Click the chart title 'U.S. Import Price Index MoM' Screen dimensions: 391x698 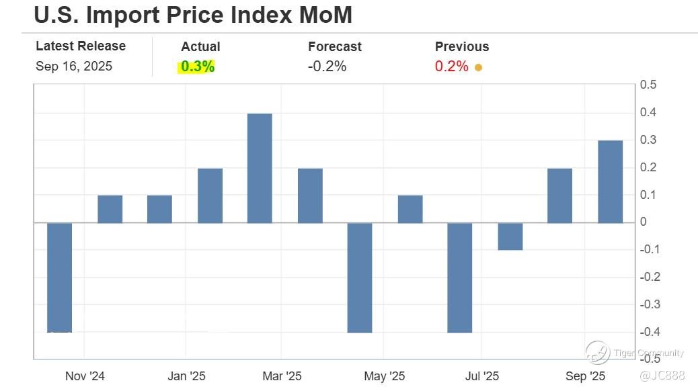(192, 15)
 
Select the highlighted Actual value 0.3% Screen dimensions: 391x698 (197, 67)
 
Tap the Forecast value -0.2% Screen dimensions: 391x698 (327, 67)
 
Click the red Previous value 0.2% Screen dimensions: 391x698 (451, 67)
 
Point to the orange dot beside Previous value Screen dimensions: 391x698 (478, 67)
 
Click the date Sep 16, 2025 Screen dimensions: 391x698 (74, 67)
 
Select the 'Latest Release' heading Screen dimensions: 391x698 (81, 46)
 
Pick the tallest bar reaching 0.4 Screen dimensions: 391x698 (260, 168)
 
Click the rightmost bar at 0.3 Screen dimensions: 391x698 (610, 181)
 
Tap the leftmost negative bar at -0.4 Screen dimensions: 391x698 (59, 277)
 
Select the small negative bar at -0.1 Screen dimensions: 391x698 (510, 236)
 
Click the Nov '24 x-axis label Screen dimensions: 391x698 (85, 376)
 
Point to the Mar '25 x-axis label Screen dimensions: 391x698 (282, 376)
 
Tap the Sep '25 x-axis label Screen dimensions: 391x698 (585, 376)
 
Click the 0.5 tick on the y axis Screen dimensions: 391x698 (648, 85)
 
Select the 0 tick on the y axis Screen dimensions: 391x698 (644, 222)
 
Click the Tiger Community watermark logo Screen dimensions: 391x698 (597, 353)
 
